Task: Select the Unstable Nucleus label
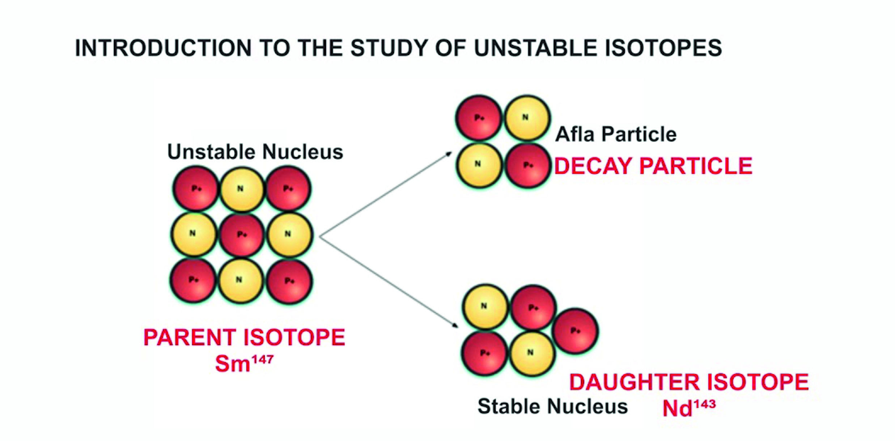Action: tap(255, 152)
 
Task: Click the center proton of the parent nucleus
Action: tap(242, 235)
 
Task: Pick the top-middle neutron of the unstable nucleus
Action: tap(241, 189)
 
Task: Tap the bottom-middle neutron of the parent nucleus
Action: tap(240, 280)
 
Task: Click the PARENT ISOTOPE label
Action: tap(244, 338)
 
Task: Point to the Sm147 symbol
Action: tap(244, 363)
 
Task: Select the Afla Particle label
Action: tap(616, 134)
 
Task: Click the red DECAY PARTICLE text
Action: tap(653, 166)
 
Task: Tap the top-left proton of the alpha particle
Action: tap(479, 118)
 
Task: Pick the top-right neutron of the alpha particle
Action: tap(527, 118)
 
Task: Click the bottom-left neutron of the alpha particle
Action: tap(479, 165)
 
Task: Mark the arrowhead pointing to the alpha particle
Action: tap(449, 154)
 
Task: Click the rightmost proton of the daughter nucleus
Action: tap(575, 331)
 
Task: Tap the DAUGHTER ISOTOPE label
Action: tap(689, 382)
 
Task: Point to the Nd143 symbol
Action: tap(689, 408)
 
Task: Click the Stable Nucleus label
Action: tap(552, 406)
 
